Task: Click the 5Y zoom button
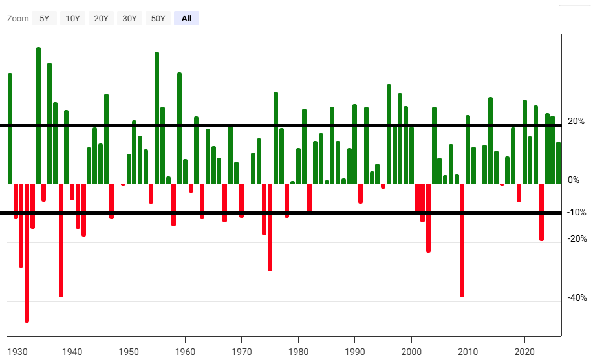[44, 19]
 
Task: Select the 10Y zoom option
[72, 19]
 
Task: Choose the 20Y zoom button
[101, 19]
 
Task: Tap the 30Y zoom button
[129, 19]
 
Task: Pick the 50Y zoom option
[158, 19]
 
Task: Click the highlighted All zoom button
[186, 19]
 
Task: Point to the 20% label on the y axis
[576, 121]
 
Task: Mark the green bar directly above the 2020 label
[524, 142]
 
